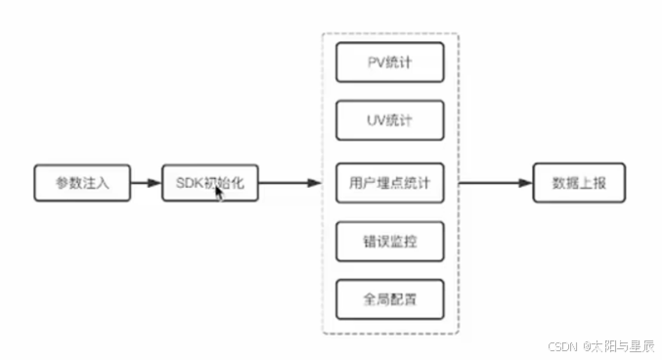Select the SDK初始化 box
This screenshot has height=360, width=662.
(210, 183)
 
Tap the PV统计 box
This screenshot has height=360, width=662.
(389, 63)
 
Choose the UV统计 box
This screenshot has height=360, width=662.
(389, 122)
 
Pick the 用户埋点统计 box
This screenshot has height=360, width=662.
(389, 182)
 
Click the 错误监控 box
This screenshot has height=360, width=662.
(389, 241)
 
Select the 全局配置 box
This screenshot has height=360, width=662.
(389, 299)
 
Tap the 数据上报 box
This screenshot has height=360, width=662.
(579, 183)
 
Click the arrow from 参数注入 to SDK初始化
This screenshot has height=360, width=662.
(146, 183)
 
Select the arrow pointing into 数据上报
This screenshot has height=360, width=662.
(495, 183)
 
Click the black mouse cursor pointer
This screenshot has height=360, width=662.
(220, 192)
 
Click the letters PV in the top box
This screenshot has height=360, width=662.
(373, 63)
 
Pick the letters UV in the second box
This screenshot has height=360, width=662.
(373, 122)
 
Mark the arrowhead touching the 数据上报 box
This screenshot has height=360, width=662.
(525, 183)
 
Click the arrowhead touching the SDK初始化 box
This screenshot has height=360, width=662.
(156, 183)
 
